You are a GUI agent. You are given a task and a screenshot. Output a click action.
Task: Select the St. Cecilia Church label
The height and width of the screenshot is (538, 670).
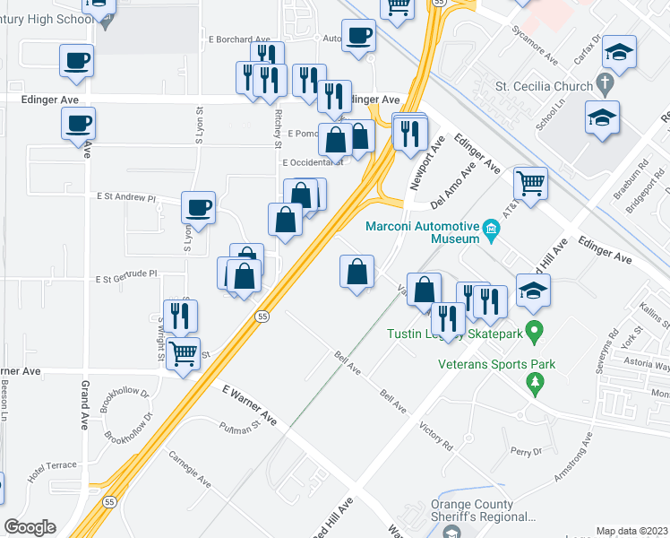click(x=545, y=87)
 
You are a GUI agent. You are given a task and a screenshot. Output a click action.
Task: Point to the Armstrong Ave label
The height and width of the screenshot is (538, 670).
click(x=573, y=458)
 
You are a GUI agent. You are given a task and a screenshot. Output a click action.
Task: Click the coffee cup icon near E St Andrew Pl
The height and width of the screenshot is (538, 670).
click(x=198, y=208)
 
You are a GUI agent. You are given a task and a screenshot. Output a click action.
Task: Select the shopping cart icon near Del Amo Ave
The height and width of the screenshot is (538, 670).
click(x=531, y=184)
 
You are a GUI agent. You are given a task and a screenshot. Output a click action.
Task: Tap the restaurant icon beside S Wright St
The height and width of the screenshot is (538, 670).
click(x=182, y=316)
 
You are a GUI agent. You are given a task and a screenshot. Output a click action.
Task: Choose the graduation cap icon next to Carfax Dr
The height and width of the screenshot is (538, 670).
click(x=619, y=51)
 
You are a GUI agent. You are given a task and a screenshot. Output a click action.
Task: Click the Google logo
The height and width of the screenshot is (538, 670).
click(x=30, y=526)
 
